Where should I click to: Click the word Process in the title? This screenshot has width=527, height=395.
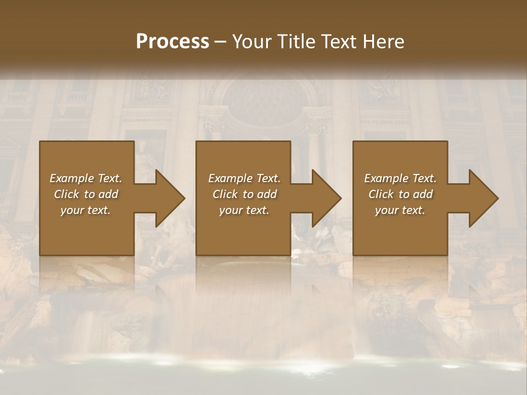(x=172, y=41)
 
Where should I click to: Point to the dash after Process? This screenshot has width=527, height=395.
(x=221, y=42)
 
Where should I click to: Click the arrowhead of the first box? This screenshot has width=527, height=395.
(x=168, y=198)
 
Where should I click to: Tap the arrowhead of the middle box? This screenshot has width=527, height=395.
(x=324, y=198)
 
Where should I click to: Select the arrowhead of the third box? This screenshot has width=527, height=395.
(x=481, y=198)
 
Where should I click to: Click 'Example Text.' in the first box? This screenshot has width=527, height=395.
(x=86, y=178)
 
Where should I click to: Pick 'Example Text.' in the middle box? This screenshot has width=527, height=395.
(x=244, y=178)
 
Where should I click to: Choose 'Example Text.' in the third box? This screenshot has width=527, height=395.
(x=400, y=178)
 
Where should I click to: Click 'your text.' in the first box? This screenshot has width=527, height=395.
(x=86, y=210)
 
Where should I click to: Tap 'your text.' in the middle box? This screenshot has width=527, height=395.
(x=244, y=210)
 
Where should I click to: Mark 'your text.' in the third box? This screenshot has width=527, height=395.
(x=400, y=210)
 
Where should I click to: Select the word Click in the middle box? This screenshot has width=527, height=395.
(x=225, y=194)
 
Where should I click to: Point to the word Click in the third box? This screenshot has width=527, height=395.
(x=381, y=194)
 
